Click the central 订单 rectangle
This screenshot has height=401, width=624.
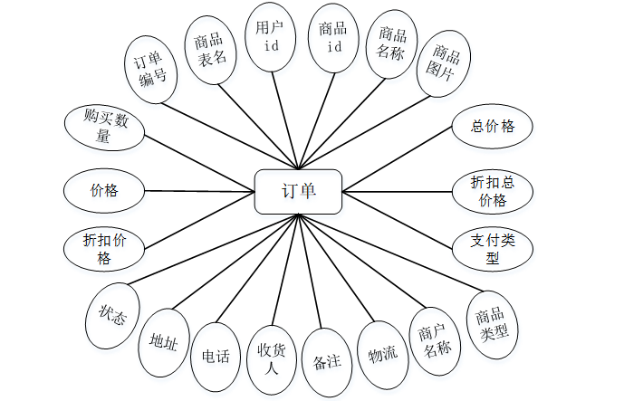coord(298,191)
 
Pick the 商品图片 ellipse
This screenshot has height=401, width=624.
coord(444,62)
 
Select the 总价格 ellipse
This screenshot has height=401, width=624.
coord(492,127)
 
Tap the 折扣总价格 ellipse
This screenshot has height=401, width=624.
coord(493,191)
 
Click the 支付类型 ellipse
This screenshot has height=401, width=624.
coord(492,249)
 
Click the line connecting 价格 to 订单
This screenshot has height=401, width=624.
coord(199,191)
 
